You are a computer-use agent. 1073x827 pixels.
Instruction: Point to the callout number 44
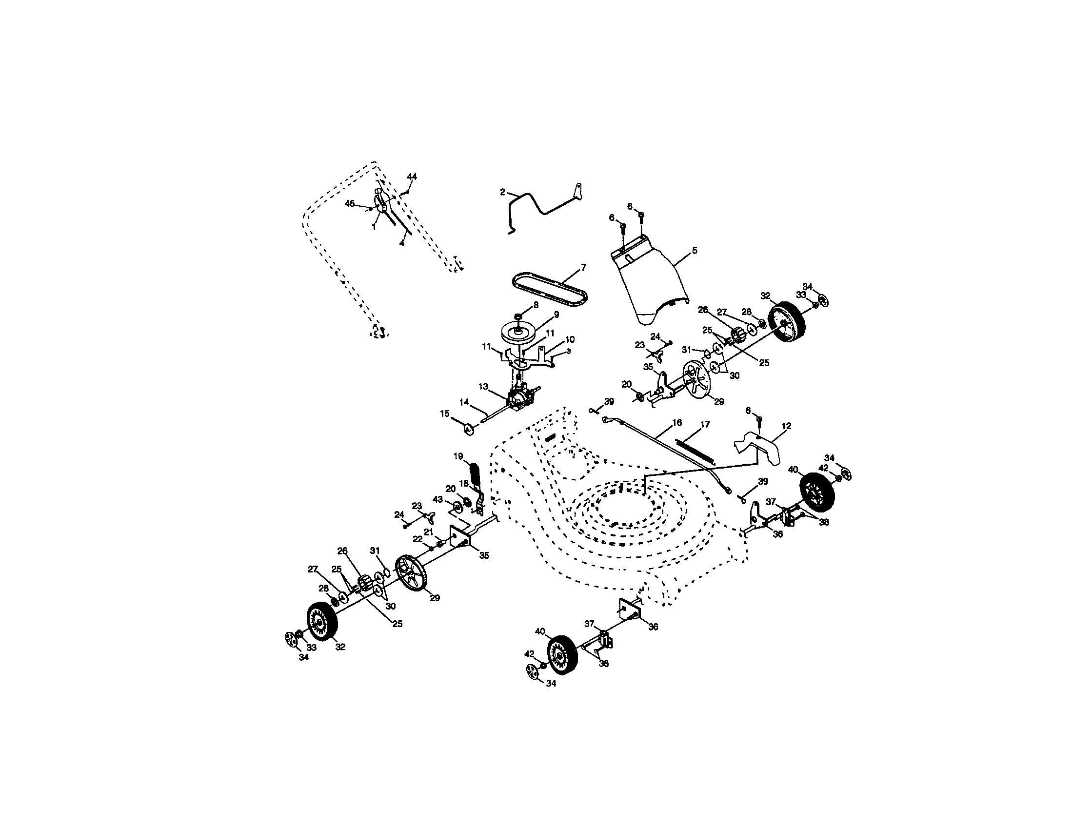(x=412, y=177)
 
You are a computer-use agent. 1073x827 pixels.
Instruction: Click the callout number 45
(x=349, y=203)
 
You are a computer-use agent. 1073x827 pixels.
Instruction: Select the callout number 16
(x=676, y=423)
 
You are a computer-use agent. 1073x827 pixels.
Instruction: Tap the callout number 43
(x=437, y=499)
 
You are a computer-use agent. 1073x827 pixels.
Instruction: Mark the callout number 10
(x=570, y=339)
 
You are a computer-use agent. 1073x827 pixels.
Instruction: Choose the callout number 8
(x=536, y=304)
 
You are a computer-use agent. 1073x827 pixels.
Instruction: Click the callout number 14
(x=464, y=402)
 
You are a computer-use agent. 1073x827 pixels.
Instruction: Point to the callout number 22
(x=417, y=539)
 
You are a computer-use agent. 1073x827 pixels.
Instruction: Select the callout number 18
(x=464, y=484)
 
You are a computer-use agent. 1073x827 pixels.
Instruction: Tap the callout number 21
(x=428, y=532)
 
